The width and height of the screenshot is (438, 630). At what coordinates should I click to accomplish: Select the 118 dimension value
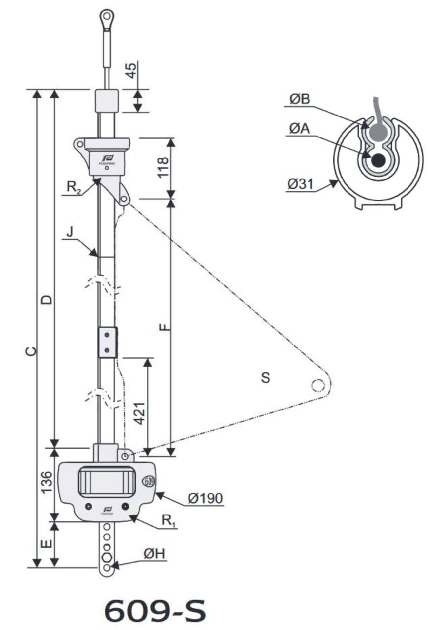click(163, 167)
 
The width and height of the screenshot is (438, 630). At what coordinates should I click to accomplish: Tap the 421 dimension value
click(140, 413)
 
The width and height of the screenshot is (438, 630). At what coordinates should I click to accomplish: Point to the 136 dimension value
click(47, 482)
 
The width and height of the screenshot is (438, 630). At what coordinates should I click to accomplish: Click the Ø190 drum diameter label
click(205, 498)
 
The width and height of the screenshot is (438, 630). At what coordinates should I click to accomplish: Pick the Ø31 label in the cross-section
click(300, 184)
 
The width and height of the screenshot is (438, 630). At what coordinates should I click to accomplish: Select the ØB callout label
click(299, 99)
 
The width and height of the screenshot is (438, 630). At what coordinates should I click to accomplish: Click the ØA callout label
click(299, 128)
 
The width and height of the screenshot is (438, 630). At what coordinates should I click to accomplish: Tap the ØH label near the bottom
click(154, 554)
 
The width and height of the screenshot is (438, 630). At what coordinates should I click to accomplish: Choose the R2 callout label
click(74, 187)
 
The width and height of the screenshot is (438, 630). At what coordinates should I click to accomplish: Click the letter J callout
click(70, 232)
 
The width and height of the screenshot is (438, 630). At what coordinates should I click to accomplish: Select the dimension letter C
click(31, 351)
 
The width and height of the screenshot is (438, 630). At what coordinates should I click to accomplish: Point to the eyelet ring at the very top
click(107, 15)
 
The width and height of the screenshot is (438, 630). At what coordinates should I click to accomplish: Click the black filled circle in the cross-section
click(378, 160)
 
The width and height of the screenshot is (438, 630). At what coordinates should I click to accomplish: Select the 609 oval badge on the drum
click(149, 481)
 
